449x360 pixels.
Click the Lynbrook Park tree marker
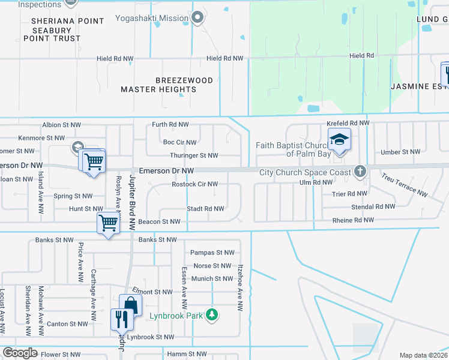[211, 314]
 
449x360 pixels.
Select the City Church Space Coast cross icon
[360, 172]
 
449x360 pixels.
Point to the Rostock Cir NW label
[194, 184]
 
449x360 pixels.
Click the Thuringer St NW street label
[193, 155]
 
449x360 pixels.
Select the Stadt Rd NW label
[205, 209]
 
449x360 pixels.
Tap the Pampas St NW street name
[211, 253]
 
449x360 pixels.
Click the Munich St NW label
[212, 278]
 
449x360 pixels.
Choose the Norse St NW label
[212, 266]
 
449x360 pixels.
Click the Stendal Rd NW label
[373, 206]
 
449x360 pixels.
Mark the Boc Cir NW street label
[179, 142]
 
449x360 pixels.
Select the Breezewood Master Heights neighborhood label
[158, 85]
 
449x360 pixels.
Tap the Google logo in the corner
[20, 353]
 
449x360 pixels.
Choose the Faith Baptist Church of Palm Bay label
[291, 149]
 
